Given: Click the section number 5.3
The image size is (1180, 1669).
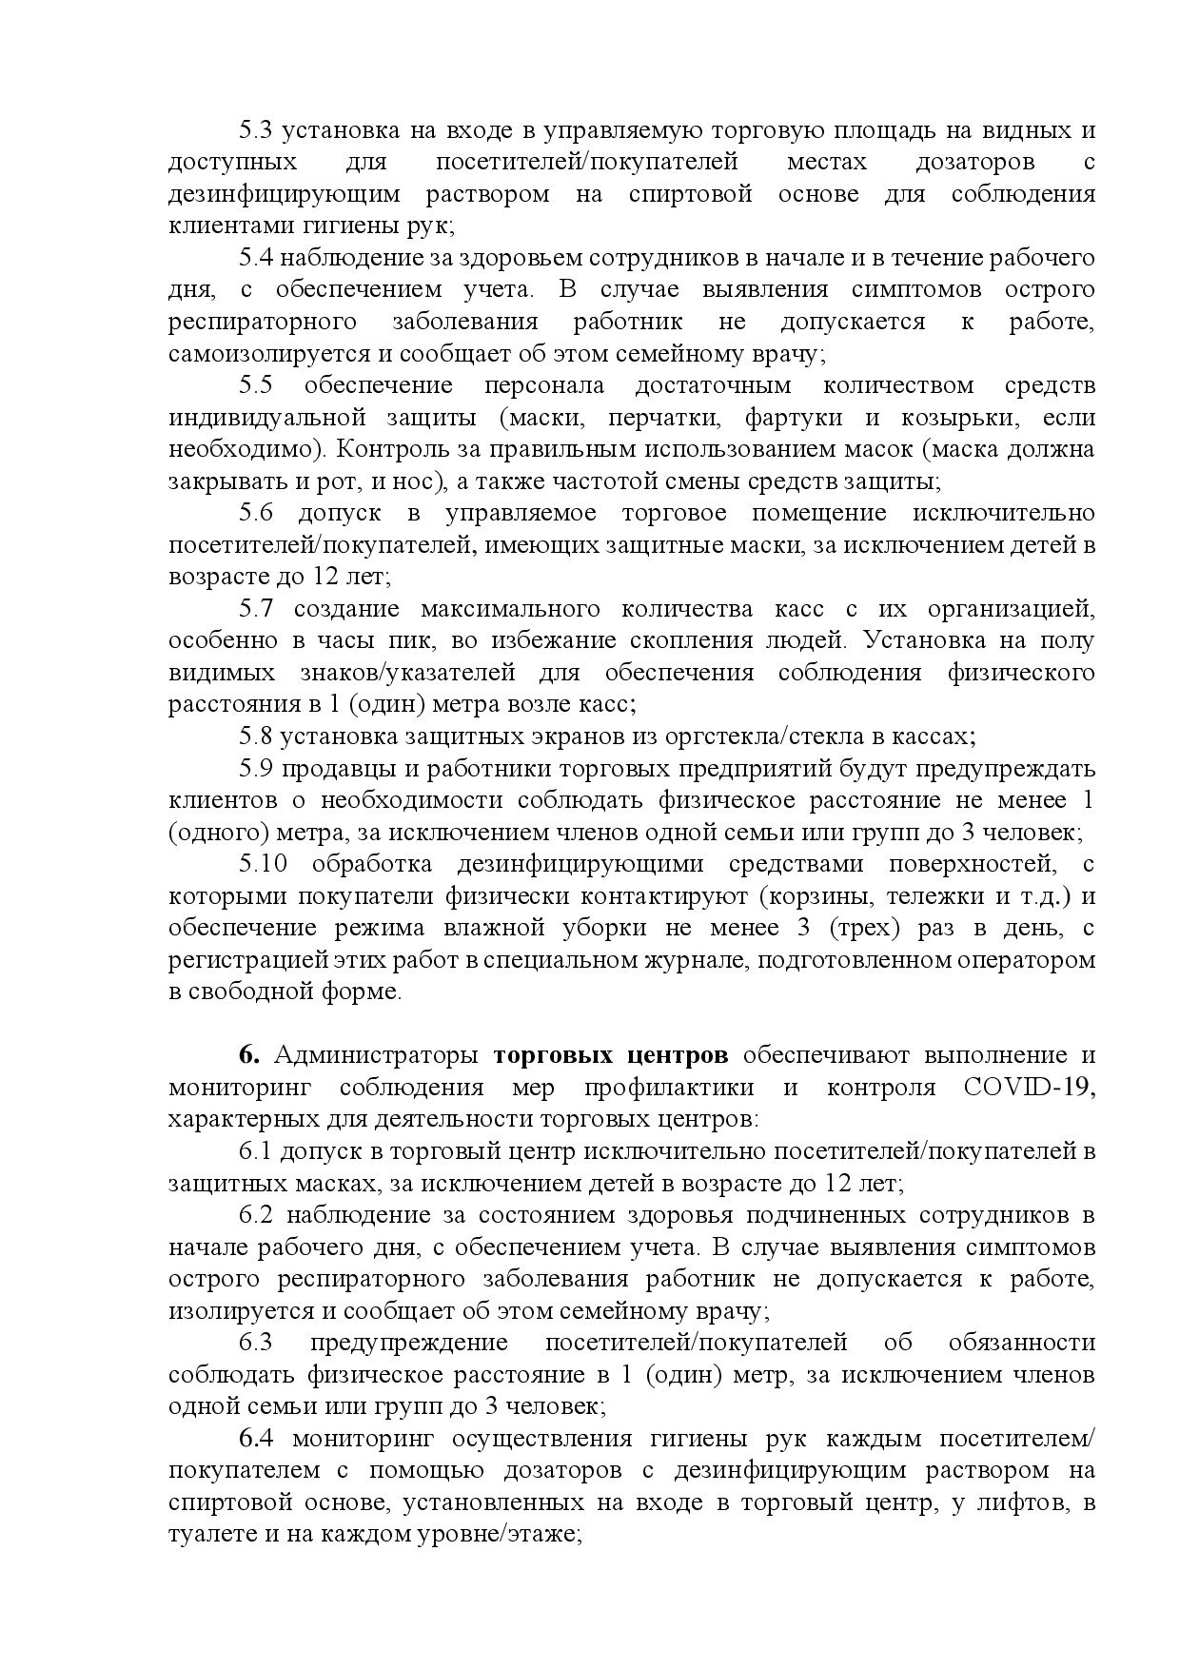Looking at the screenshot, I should [255, 130].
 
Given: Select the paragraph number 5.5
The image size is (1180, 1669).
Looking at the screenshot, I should [255, 385].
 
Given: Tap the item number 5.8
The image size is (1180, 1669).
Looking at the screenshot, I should [255, 736].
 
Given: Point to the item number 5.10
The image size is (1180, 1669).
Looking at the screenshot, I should [261, 863].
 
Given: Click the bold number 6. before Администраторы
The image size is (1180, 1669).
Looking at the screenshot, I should [249, 1055].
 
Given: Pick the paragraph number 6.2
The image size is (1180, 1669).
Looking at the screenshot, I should [255, 1215].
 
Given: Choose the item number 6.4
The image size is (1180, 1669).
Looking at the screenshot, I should [255, 1438].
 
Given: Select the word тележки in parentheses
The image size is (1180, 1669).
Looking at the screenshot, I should [926, 895].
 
